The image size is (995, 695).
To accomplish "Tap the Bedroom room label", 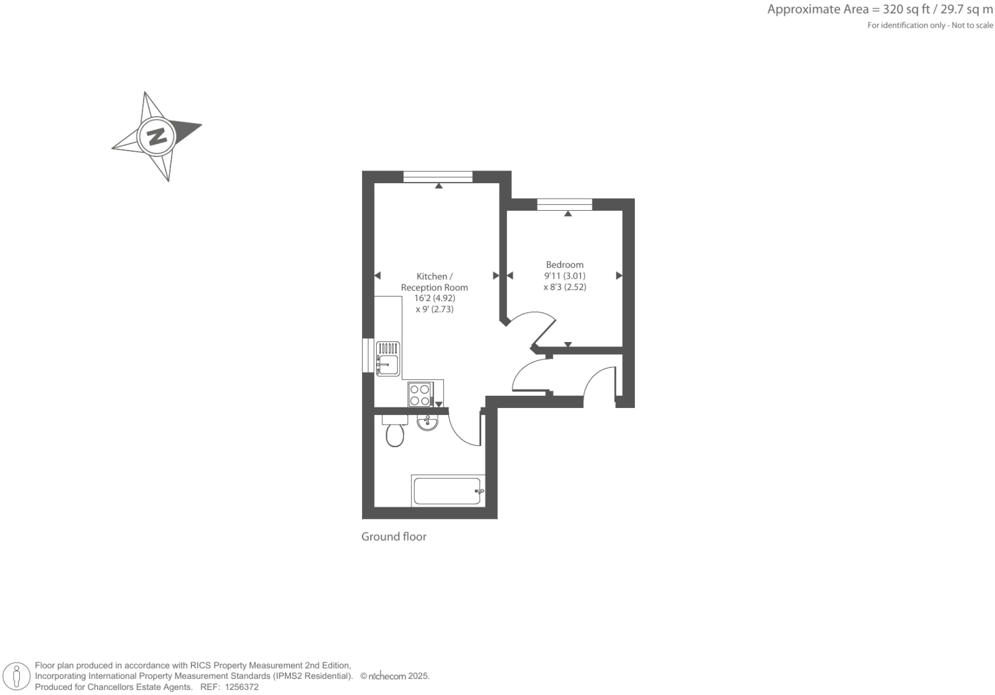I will [x=564, y=265].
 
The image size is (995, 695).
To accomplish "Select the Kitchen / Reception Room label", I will [x=434, y=282].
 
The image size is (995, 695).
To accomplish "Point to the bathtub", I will [x=447, y=491].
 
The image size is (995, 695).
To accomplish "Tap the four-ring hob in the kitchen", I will [x=420, y=394].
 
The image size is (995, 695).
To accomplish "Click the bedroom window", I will [x=564, y=204].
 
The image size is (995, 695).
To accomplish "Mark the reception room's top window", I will [x=438, y=177].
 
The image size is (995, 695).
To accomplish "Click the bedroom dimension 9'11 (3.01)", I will [x=564, y=276].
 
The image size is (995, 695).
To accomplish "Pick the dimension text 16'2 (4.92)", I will [x=434, y=298].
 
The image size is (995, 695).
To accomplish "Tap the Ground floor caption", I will [x=393, y=537].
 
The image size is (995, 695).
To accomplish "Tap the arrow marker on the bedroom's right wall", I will [x=619, y=275].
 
